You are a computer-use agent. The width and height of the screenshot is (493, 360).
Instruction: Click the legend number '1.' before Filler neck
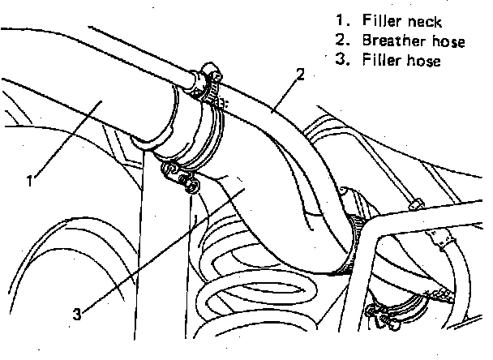(340, 21)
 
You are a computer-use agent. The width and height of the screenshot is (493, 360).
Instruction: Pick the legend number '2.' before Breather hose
(340, 41)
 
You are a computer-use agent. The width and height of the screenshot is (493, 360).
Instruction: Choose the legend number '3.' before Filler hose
(340, 60)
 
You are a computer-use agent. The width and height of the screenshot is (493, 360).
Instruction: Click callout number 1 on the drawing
(29, 181)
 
